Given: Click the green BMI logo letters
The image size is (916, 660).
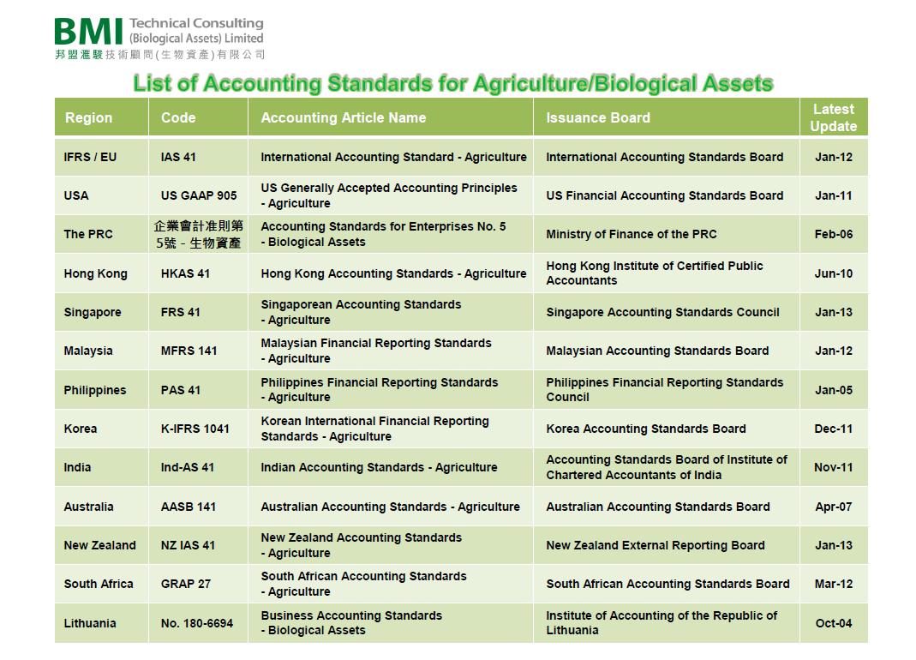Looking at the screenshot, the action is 89,32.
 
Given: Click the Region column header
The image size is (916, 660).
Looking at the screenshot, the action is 88,117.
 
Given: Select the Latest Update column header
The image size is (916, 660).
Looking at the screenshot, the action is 833,117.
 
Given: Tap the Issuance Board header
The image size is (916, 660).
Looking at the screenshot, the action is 597,117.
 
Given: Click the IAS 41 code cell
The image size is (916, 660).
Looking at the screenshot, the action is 178,157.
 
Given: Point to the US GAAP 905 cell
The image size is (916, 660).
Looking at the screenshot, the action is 199,195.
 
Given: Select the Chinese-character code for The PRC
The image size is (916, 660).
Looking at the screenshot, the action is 199,234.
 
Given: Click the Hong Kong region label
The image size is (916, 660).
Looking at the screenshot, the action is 95,273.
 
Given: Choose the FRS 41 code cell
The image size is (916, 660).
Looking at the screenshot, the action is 180,312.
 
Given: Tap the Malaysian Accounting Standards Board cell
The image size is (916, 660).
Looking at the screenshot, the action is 657,351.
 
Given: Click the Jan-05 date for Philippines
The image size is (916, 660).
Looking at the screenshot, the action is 834,390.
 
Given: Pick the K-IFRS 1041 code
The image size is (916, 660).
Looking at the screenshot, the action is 195,429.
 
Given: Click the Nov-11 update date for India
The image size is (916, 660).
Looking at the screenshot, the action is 833,467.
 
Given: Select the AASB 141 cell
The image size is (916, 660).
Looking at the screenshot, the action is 189,507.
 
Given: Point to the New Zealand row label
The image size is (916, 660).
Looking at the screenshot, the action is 99,545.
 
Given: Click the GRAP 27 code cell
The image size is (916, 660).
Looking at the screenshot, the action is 185,584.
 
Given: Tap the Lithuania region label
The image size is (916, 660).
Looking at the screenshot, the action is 89,623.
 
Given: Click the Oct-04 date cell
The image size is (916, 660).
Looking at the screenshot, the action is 834,623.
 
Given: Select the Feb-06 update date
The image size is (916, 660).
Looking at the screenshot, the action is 834,234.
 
